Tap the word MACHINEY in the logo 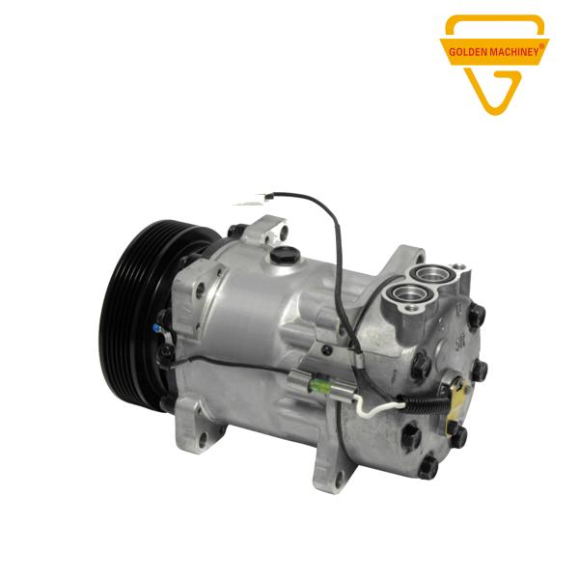pos(514,52)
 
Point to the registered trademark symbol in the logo pos(541,45)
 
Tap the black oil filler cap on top pos(282,254)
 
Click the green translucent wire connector pos(318,386)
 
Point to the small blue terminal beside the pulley pos(157,327)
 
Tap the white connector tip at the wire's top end pos(247,201)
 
